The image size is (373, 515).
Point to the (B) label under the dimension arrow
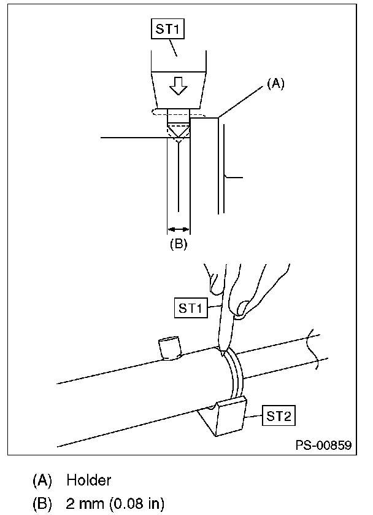(x=178, y=244)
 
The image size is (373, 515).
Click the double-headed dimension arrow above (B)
(x=178, y=230)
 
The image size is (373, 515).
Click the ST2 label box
(x=278, y=415)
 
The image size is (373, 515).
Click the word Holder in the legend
(x=88, y=479)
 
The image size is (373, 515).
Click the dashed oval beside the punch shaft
(x=157, y=112)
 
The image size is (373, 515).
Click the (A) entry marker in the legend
(x=42, y=479)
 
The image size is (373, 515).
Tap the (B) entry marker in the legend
(x=42, y=504)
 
